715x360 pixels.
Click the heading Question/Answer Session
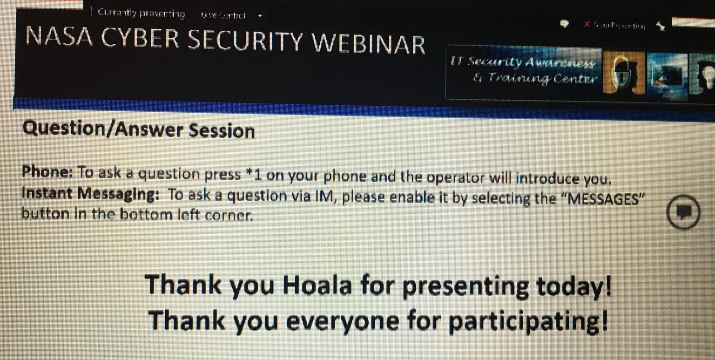138,130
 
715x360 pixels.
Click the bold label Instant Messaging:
87,194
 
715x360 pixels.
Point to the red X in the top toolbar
587,25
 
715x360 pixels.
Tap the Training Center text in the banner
540,79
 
